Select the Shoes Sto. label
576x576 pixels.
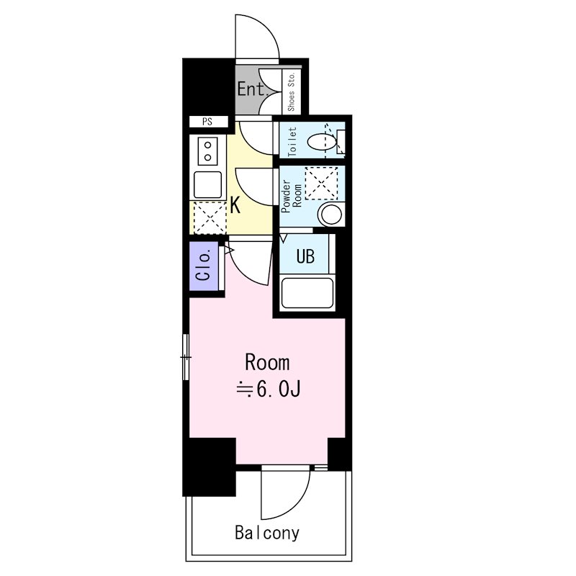point(292,92)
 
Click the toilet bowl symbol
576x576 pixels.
point(322,142)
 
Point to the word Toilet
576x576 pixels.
point(292,142)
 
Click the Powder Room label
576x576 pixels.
point(292,196)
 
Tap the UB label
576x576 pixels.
point(305,256)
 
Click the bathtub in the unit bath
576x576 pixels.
point(307,293)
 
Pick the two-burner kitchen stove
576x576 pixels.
point(207,151)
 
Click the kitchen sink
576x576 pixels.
point(207,185)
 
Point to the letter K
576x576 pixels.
point(235,205)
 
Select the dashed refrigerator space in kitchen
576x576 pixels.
point(210,218)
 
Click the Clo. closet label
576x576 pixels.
point(204,265)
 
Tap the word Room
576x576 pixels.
point(267,363)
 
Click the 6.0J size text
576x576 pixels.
point(279,390)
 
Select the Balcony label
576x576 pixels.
point(267,532)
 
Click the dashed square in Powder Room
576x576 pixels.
point(321,184)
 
